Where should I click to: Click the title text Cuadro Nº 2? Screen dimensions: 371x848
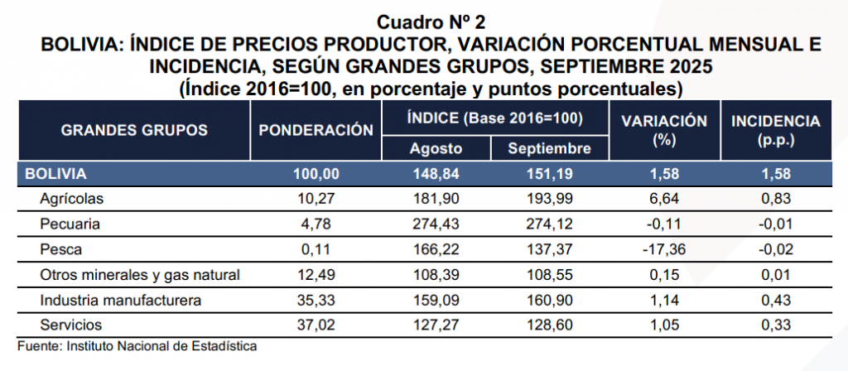pyautogui.click(x=423, y=20)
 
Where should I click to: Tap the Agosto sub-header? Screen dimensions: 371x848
pyautogui.click(x=436, y=149)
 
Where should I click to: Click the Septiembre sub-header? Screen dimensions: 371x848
pyautogui.click(x=549, y=149)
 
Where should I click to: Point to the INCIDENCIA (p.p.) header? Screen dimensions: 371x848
pyautogui.click(x=775, y=130)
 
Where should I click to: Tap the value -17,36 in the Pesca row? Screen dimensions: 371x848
pyautogui.click(x=664, y=248)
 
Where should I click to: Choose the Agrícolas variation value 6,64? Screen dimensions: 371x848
pyautogui.click(x=664, y=199)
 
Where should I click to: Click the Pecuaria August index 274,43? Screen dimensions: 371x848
pyautogui.click(x=436, y=224)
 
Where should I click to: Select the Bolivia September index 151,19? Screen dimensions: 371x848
pyautogui.click(x=549, y=174)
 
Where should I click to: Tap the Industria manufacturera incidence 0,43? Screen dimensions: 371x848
pyautogui.click(x=775, y=299)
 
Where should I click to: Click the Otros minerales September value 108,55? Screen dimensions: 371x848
pyautogui.click(x=549, y=274)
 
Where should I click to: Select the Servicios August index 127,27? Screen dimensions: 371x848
pyautogui.click(x=436, y=324)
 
